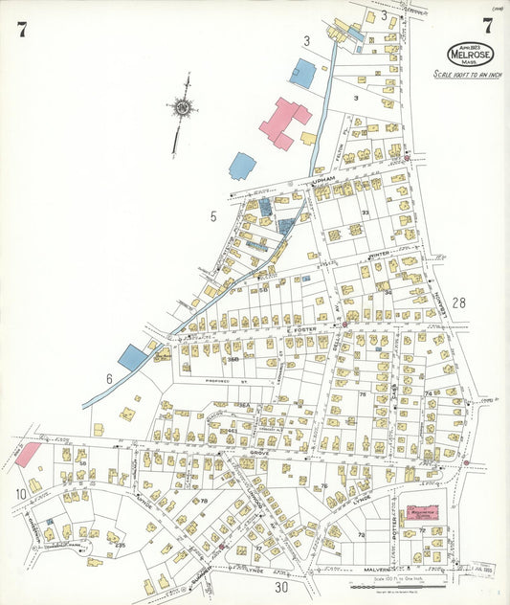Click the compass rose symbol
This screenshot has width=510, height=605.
tap(181, 107)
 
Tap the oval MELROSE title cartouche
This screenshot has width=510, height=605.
tap(470, 54)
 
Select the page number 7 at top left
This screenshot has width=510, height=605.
tap(21, 29)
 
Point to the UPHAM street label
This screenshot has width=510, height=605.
tap(319, 179)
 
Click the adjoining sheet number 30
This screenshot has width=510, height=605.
tap(281, 587)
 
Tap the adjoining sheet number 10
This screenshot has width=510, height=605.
tap(21, 494)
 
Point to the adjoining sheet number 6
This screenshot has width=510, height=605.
tap(109, 379)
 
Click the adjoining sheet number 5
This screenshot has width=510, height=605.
tap(213, 216)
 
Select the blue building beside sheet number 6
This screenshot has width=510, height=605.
tap(132, 359)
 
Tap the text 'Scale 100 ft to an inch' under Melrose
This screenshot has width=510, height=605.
tap(467, 74)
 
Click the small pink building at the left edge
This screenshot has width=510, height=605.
tap(27, 455)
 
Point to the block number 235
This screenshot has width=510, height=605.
tap(121, 545)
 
